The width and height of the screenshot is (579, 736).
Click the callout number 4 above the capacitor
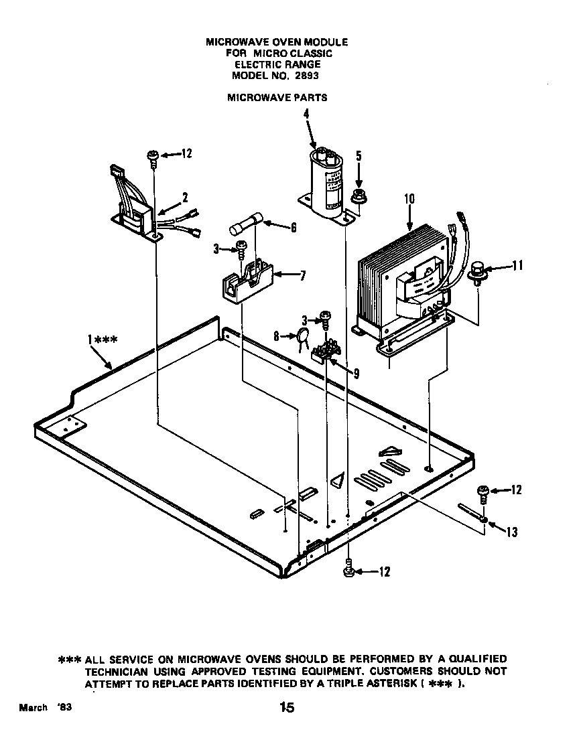[306, 115]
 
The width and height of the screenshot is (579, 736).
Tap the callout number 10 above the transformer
[409, 199]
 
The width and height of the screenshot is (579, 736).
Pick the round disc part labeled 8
[304, 339]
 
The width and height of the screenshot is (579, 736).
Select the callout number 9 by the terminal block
[356, 374]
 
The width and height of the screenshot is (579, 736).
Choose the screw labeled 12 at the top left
[153, 156]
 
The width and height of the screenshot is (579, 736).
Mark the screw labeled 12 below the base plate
[348, 570]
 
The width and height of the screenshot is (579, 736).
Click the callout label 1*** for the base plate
[103, 340]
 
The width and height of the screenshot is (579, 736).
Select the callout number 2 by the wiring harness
[185, 198]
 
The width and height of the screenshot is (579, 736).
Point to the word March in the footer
[33, 708]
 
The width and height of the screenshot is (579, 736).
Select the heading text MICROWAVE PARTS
[277, 97]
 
